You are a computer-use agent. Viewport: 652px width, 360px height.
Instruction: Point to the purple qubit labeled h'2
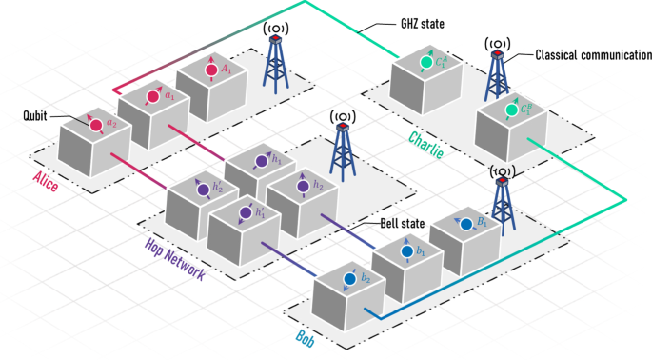(203, 190)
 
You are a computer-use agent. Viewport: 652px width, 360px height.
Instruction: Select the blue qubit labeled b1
(406, 251)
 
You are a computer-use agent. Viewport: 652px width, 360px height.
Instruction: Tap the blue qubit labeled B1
(465, 225)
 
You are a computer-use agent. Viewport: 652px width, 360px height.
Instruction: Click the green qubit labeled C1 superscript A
(427, 64)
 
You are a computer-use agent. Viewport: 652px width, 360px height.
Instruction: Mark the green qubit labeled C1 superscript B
(511, 110)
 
